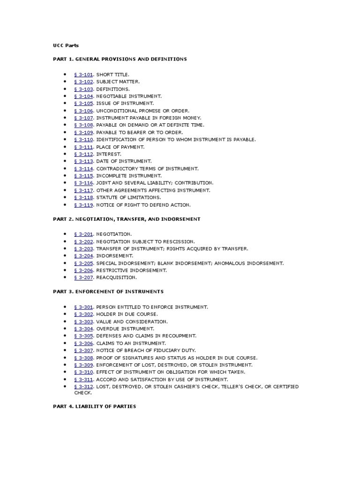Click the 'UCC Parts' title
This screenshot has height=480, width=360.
click(66, 45)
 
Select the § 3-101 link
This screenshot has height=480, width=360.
click(84, 75)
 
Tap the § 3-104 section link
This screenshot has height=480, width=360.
click(84, 96)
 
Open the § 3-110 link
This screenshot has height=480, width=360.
click(84, 140)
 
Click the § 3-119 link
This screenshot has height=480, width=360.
click(84, 205)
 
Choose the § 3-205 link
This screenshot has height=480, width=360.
click(84, 263)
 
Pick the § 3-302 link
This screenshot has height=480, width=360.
click(84, 314)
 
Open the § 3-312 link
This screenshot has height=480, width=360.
click(84, 386)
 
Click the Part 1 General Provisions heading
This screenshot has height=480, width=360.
click(120, 59)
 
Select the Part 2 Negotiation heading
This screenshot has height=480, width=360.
click(127, 219)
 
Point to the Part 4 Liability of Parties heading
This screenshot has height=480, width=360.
click(94, 406)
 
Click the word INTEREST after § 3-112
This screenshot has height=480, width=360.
click(109, 154)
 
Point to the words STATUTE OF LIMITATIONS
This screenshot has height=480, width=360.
click(128, 197)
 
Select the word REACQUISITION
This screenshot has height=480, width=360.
click(116, 277)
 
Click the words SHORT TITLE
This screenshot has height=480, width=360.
click(112, 75)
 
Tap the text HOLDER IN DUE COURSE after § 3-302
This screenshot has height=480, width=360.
click(127, 314)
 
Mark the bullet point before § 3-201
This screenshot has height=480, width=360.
click(65, 234)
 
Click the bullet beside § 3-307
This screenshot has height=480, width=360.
click(65, 350)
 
